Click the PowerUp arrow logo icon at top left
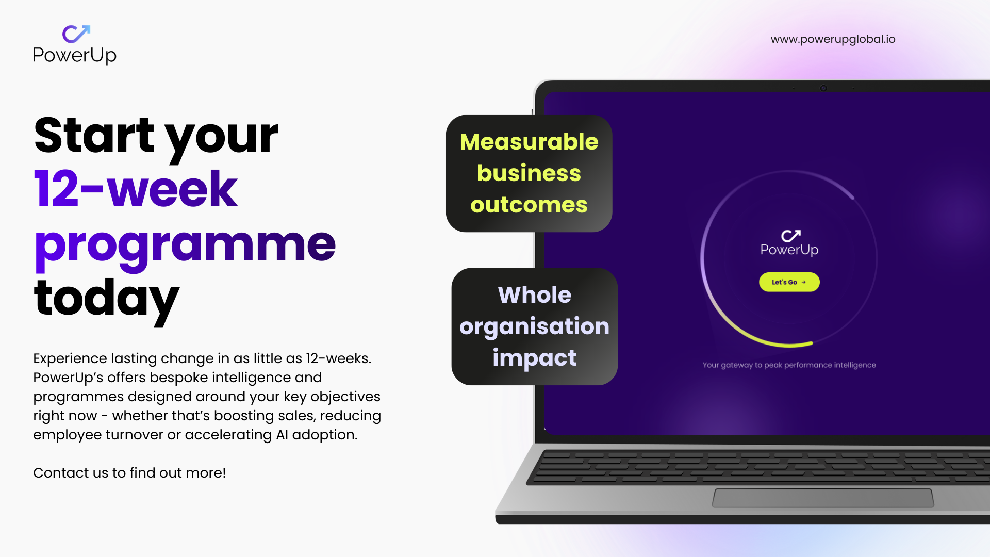point(76,34)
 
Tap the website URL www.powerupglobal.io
point(833,39)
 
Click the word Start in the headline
point(94,135)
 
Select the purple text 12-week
point(136,189)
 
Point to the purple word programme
point(185,247)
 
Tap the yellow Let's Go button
point(789,282)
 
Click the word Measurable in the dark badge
point(529,141)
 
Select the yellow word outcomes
point(529,205)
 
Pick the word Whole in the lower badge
point(535,295)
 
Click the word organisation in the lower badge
point(534,327)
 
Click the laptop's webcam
point(823,88)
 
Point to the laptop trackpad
point(823,498)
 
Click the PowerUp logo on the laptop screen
point(789,243)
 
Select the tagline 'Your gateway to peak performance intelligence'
point(789,365)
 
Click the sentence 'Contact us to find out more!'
point(129,473)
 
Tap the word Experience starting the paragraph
point(70,359)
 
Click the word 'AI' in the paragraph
point(282,435)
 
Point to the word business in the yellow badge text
point(529,173)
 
